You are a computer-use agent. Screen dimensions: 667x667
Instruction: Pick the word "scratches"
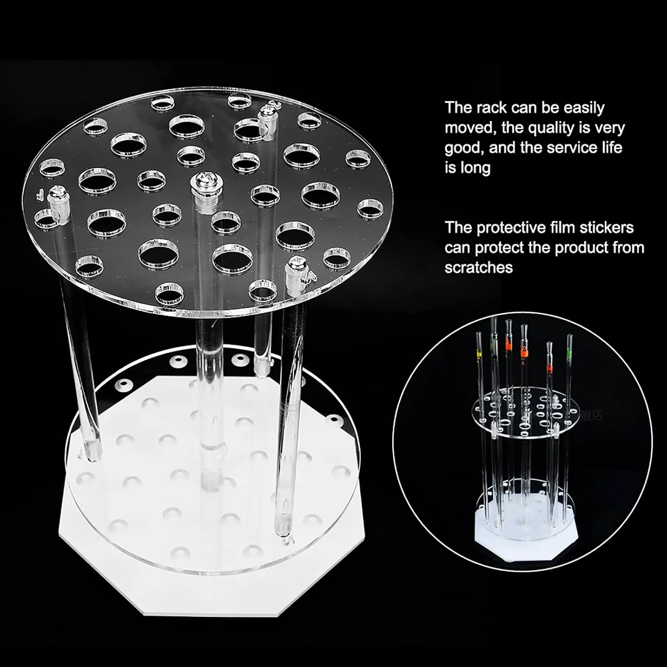click(x=478, y=267)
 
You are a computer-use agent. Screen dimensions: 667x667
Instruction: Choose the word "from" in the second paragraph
click(x=628, y=247)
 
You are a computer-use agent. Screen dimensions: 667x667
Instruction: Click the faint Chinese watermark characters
click(x=591, y=415)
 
